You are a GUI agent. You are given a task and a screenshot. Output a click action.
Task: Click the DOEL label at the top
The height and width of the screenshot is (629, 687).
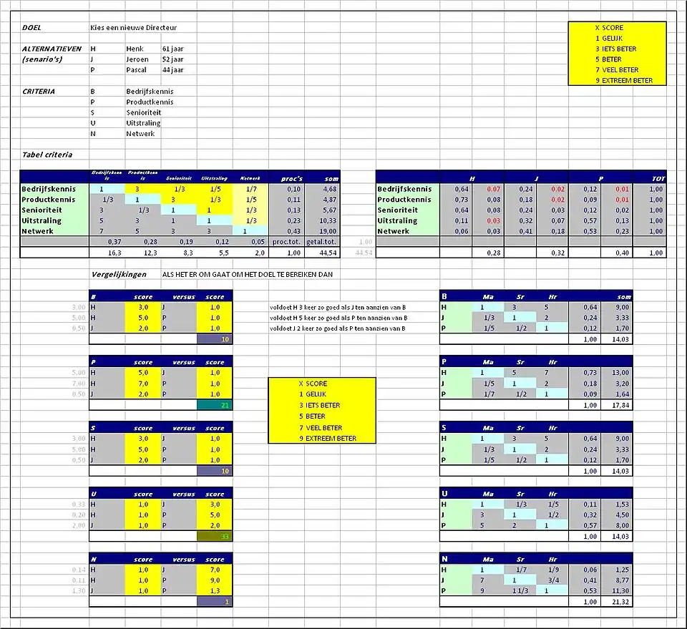(31, 28)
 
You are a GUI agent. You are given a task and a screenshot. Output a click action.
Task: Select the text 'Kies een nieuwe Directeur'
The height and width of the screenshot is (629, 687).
(133, 28)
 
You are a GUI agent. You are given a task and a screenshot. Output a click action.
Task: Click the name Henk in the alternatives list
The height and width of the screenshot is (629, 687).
(135, 49)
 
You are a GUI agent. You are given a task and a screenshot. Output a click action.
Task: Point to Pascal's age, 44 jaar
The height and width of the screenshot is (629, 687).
(172, 70)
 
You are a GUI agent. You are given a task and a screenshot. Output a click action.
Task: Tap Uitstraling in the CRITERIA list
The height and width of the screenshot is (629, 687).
(143, 123)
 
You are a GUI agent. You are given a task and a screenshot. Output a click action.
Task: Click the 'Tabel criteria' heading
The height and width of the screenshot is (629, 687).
(47, 155)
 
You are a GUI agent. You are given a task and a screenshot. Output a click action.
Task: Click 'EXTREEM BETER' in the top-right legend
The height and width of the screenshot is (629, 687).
(628, 81)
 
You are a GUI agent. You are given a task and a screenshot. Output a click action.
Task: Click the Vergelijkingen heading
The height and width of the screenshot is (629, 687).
(119, 274)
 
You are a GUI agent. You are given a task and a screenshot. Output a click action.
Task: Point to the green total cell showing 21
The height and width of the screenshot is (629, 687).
(215, 405)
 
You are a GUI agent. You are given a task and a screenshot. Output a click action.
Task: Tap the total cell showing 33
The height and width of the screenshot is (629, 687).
(215, 536)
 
